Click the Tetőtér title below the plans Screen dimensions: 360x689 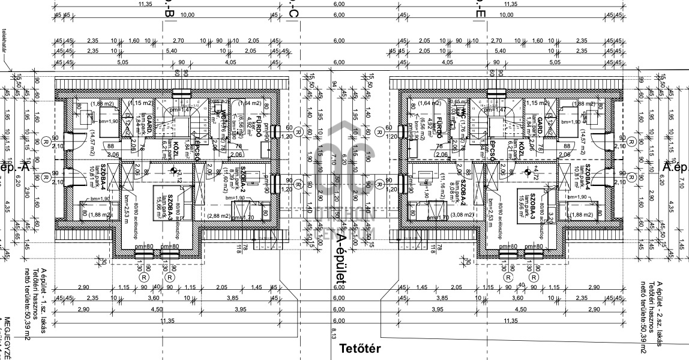[360, 349]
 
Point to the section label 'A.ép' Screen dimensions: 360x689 [675, 166]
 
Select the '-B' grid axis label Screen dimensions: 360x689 [168, 12]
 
